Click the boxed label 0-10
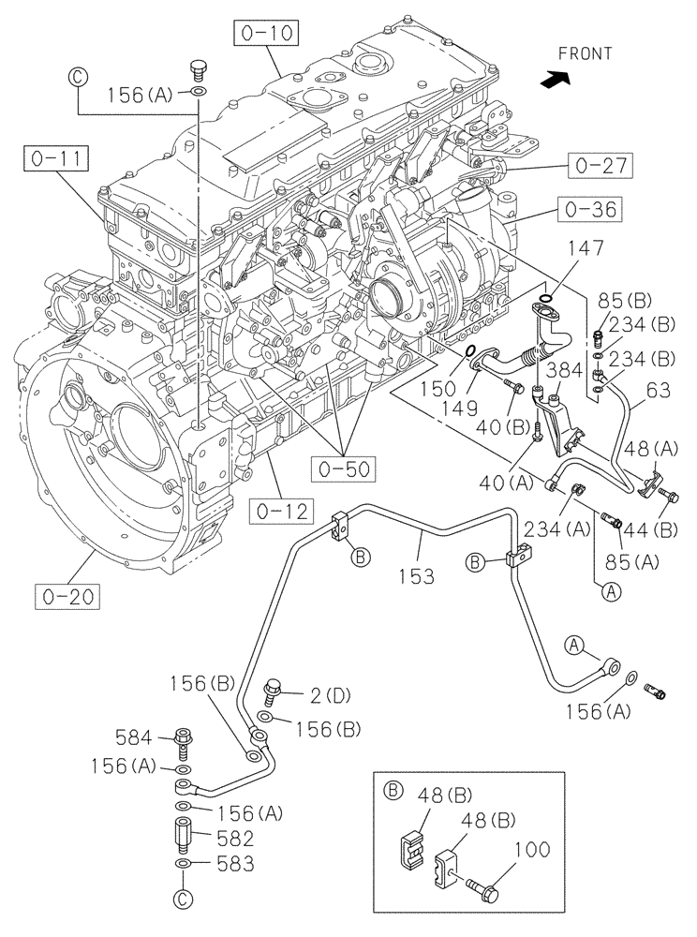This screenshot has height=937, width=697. [x=266, y=36]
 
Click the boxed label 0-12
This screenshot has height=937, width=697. [x=281, y=512]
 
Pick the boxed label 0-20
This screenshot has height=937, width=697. [x=68, y=594]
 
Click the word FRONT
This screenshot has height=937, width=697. [x=586, y=54]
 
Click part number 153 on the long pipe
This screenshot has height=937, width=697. [x=413, y=576]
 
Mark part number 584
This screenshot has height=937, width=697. [x=135, y=736]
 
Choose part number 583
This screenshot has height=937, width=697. [x=234, y=863]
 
